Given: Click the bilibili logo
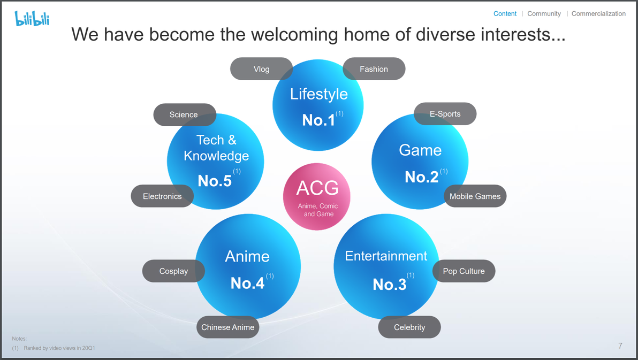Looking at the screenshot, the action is tap(32, 18).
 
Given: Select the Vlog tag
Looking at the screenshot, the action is tap(261, 69).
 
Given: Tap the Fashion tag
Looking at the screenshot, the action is tap(374, 69).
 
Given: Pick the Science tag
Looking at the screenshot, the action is tap(185, 114).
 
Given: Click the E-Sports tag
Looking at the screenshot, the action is tap(445, 114).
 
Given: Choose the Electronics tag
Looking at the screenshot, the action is tap(162, 196).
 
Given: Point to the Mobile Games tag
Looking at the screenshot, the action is tap(475, 196).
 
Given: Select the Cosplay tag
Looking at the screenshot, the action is tap(174, 271).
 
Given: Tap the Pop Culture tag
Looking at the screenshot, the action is tap(464, 271).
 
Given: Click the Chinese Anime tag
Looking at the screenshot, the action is tap(228, 327).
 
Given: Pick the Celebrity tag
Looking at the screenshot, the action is tap(409, 327).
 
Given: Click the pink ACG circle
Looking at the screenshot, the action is tap(317, 197).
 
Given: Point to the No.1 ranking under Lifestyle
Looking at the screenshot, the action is tap(318, 120).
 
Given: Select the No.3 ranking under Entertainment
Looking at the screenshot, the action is tap(390, 285).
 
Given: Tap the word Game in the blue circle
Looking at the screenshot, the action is tap(420, 150).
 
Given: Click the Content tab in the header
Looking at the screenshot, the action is tap(505, 13).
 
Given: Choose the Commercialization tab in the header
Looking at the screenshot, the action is tap(598, 13).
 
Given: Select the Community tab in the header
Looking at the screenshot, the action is tap(544, 13).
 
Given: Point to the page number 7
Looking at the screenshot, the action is tap(620, 346).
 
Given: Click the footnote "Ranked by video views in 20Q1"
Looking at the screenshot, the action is tap(59, 348).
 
